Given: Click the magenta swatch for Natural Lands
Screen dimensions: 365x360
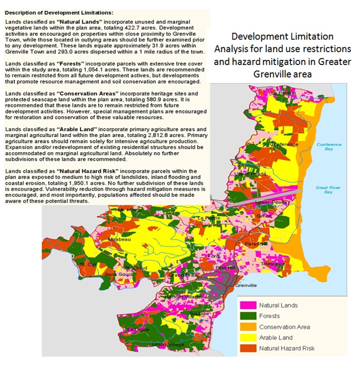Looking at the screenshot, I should coord(248,306).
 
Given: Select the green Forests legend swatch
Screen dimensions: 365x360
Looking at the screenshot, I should coord(248,316).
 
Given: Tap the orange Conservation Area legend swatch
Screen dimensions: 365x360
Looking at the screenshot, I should coord(248,327).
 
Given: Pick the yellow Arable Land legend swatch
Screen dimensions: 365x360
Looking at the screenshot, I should coord(248,338).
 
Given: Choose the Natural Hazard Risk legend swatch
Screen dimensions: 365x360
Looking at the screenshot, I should coord(248,348).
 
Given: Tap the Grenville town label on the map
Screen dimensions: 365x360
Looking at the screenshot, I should coord(246,286).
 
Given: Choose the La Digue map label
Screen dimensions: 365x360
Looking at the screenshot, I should coord(137,330).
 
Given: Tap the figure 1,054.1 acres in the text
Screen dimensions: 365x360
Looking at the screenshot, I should coord(91,68).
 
